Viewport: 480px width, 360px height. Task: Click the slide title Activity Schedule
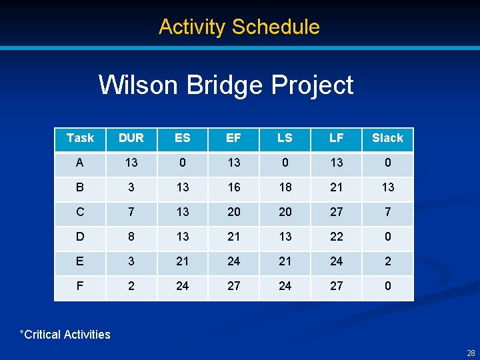click(239, 27)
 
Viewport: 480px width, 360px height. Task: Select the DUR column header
click(131, 138)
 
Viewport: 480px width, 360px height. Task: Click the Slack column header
click(387, 138)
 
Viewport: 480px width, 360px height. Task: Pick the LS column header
click(285, 138)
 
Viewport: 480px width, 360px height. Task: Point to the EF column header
click(233, 138)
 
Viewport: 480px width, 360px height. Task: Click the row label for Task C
click(80, 212)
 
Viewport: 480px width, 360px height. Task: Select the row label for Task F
click(80, 286)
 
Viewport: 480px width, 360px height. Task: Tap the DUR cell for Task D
click(131, 237)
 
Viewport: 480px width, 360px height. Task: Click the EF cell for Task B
click(233, 187)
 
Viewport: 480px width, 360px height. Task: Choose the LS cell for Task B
click(285, 187)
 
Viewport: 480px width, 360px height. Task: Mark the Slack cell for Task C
click(387, 212)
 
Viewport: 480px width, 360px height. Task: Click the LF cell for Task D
click(337, 237)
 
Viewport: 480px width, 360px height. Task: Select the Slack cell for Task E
click(387, 261)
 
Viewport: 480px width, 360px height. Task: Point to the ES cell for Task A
click(182, 163)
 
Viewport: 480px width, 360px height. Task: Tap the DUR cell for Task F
click(131, 286)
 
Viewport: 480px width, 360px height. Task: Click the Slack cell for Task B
click(387, 187)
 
